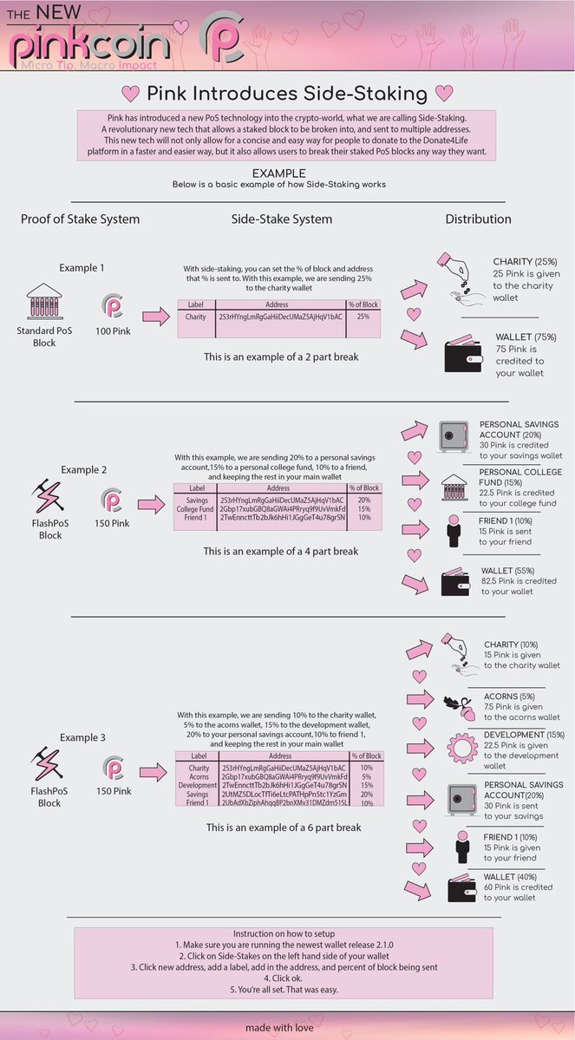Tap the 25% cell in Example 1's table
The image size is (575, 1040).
click(x=363, y=317)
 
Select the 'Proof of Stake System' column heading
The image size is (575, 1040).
click(x=80, y=219)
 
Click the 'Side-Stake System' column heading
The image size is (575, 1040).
click(x=281, y=219)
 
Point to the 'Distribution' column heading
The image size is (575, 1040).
click(x=478, y=219)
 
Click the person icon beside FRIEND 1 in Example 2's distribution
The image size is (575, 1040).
click(x=451, y=529)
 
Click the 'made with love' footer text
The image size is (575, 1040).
click(x=287, y=1027)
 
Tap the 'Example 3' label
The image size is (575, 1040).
click(x=83, y=737)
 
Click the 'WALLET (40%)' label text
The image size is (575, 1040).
click(x=514, y=876)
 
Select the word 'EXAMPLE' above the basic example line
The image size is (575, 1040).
click(x=278, y=173)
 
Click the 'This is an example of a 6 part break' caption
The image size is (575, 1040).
click(x=283, y=827)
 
